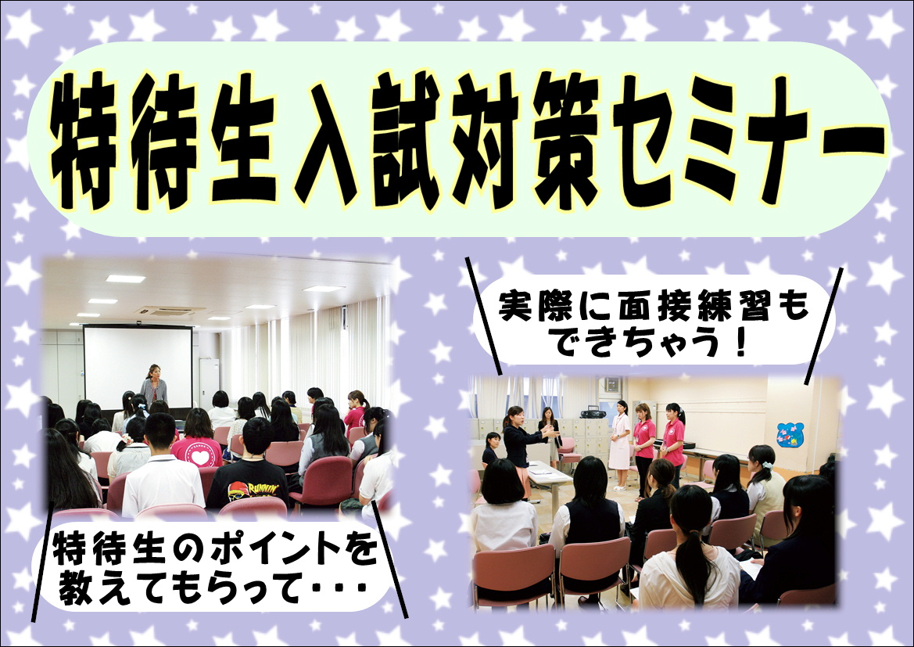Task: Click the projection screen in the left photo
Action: coord(138,366)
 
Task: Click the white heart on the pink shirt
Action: coord(200,457)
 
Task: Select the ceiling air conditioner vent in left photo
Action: coord(170,311)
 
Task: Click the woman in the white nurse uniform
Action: coord(620,444)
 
